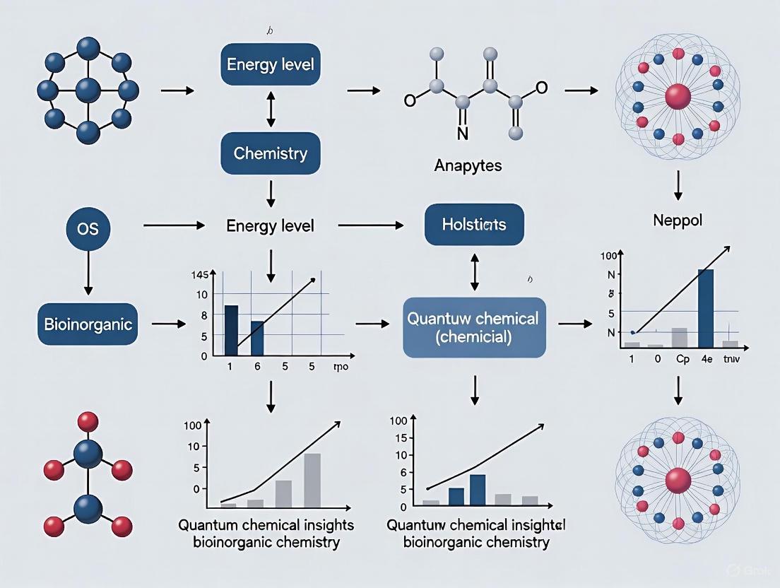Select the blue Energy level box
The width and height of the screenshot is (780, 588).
270,64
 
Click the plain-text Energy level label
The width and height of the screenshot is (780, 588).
271,226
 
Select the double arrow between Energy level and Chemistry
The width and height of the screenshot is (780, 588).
270,108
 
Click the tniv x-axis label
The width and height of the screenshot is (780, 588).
730,359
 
